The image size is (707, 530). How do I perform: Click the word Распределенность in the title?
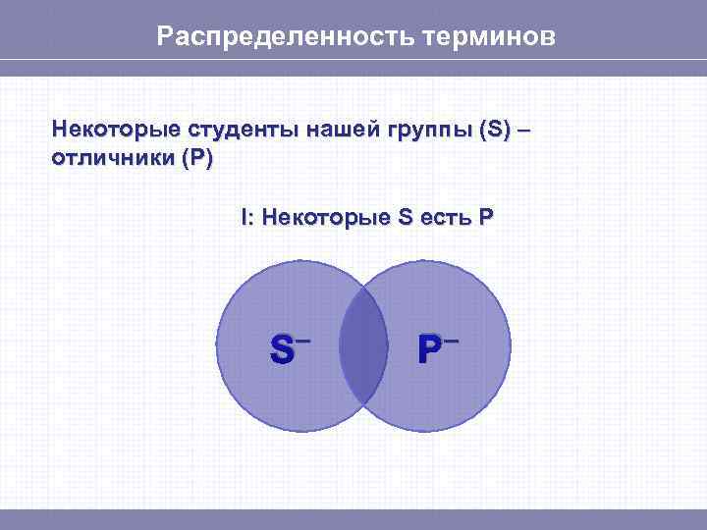pyautogui.click(x=286, y=37)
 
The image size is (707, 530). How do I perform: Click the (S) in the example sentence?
pyautogui.click(x=495, y=130)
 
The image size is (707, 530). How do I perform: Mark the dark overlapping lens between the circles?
pyautogui.click(x=363, y=346)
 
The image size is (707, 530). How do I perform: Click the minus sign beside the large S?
pyautogui.click(x=303, y=340)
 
